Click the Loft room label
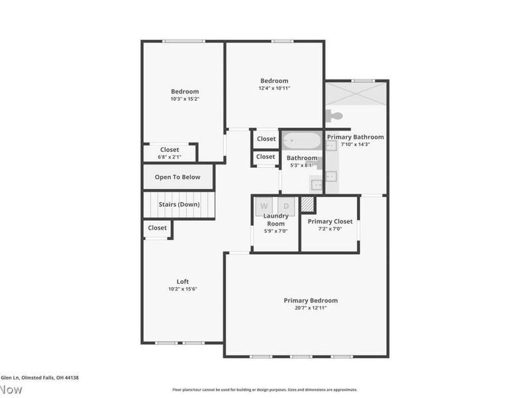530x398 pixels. pos(182,281)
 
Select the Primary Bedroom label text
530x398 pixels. pos(311,300)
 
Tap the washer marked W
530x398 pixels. pos(264,206)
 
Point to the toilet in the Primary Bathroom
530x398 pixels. pos(335,117)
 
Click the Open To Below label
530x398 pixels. pos(178,177)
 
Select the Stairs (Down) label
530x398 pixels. pos(179,204)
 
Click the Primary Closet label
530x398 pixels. pos(330,221)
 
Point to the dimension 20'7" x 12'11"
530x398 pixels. pos(311,308)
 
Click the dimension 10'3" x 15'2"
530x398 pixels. pos(185,99)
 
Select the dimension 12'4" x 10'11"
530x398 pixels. pos(274,88)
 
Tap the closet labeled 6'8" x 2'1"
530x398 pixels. pos(170,153)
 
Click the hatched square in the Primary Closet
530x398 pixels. pos(307,204)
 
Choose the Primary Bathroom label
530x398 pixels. pos(355,137)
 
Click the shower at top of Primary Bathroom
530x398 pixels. pos(356,92)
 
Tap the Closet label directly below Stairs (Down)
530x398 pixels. pos(158,228)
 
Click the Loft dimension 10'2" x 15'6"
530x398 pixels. pos(182,289)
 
